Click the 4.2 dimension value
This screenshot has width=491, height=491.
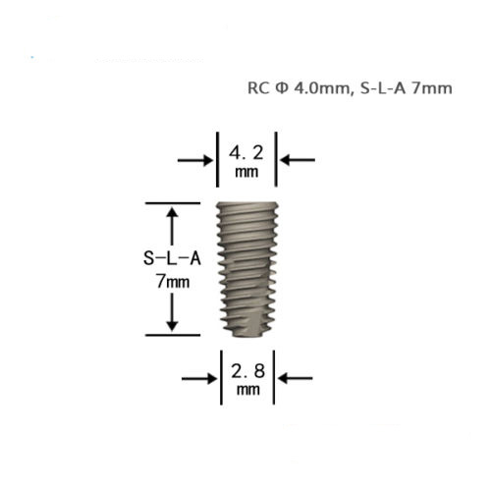click(245, 153)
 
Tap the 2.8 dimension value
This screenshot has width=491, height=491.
click(247, 371)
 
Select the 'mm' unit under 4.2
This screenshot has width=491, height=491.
click(246, 172)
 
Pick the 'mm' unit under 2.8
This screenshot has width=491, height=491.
click(248, 390)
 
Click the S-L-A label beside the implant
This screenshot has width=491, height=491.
click(172, 258)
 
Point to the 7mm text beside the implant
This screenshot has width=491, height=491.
click(173, 281)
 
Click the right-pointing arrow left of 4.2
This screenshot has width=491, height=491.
click(195, 160)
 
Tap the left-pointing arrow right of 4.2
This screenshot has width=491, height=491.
click(298, 160)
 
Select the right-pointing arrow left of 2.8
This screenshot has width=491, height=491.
click(199, 379)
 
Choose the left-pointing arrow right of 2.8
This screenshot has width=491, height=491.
click(296, 378)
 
